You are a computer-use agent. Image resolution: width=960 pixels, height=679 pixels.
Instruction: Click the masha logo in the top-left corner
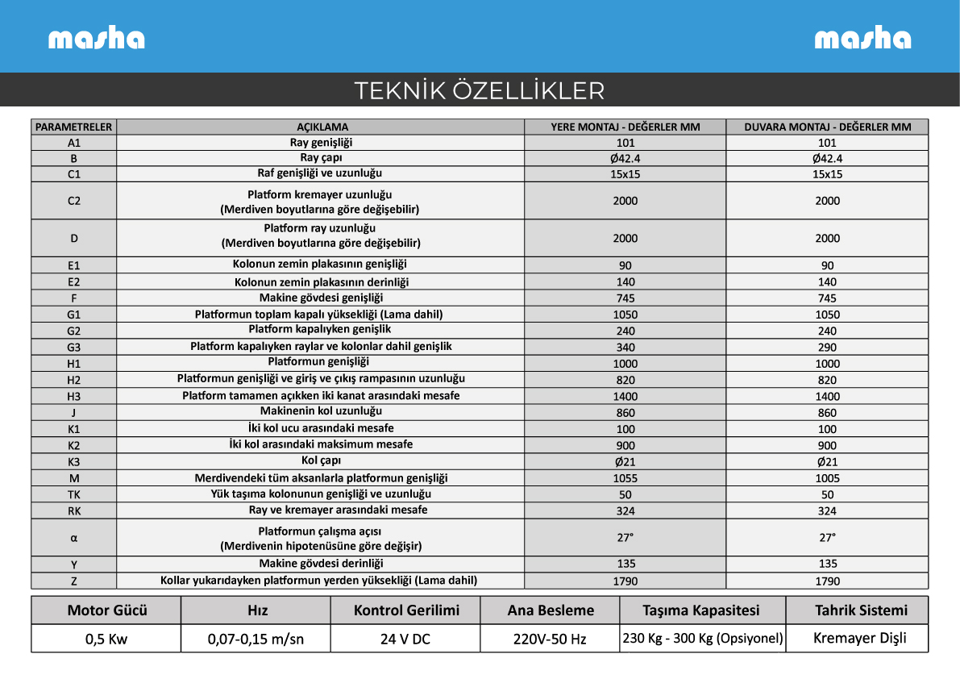[96, 39]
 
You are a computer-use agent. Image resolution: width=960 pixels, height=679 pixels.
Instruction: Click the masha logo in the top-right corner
[862, 39]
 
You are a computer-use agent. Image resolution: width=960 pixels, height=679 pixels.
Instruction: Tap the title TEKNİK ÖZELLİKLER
[480, 90]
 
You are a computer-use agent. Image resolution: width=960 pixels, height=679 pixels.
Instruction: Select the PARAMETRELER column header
[74, 127]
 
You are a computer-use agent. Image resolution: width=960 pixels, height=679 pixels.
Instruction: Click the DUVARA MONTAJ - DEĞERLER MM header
[827, 127]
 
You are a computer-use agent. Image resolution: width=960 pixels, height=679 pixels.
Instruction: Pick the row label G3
[74, 348]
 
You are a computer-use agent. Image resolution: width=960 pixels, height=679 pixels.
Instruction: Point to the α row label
[74, 538]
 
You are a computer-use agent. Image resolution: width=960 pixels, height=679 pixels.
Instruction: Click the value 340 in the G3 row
[625, 348]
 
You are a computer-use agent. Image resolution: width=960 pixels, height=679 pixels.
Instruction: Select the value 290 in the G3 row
[827, 348]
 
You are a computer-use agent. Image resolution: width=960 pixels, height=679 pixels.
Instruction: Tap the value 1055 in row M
[625, 478]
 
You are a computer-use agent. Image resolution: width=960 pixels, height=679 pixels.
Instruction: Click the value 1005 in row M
[827, 478]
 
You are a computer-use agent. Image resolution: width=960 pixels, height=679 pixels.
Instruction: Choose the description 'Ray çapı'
[321, 158]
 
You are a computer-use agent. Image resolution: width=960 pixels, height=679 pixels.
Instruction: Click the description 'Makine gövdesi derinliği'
[321, 564]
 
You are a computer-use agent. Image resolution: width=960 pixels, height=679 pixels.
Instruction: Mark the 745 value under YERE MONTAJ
[625, 298]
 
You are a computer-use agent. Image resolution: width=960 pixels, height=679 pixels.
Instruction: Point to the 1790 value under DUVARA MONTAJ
[827, 581]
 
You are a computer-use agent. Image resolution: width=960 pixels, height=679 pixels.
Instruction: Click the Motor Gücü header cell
[107, 610]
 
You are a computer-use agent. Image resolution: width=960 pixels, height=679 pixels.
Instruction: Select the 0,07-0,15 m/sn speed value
[256, 639]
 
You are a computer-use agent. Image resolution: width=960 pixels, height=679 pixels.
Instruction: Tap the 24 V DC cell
[405, 639]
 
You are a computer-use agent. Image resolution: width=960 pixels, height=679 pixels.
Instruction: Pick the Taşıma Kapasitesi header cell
[701, 610]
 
